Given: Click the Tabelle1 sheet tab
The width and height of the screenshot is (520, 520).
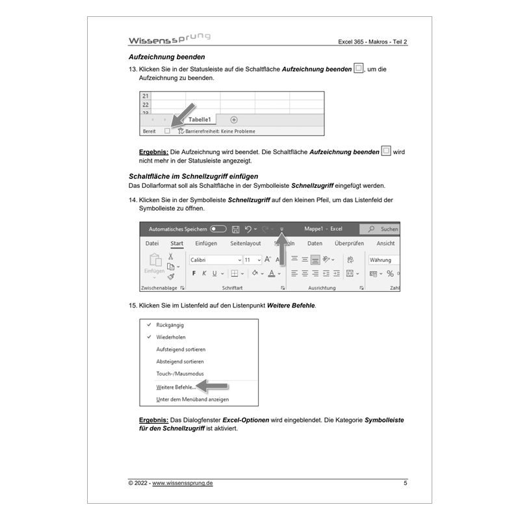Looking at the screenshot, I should coord(200,120).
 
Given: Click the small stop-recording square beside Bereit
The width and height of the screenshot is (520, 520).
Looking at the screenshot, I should coord(167,131).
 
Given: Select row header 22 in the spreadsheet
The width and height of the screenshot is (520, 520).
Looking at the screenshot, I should coord(146,104).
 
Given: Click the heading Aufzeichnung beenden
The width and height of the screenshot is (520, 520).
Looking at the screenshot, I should coord(167,57).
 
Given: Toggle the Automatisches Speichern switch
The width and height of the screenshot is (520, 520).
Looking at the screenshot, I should coord(218,229).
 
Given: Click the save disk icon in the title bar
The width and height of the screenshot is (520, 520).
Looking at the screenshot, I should coord(235,229).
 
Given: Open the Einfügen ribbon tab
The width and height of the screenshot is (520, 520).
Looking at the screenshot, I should coord(206,244).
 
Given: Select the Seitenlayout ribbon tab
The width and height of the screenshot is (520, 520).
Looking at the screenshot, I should coord(245,244).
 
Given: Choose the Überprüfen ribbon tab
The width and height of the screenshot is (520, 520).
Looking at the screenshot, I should coord(349,244).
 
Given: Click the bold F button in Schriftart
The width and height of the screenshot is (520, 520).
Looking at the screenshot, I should coord(194,274).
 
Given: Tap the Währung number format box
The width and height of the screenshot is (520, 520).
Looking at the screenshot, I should coord(382,260).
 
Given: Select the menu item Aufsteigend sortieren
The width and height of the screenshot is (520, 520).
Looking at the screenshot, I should coord(180,350).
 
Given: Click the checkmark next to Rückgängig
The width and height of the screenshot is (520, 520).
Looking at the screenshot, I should coord(149,324).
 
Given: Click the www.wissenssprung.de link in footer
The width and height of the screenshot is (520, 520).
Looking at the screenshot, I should coord(183,484).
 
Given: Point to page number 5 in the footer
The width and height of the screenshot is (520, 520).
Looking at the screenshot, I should coord(406,484).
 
